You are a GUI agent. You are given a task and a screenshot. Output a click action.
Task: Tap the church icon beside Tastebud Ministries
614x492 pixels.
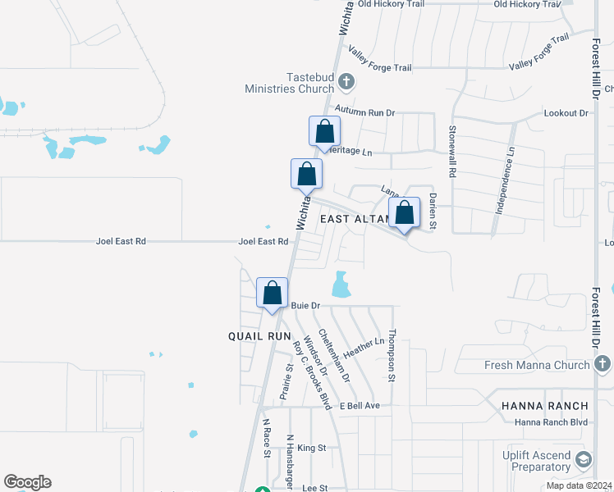pos(346,81)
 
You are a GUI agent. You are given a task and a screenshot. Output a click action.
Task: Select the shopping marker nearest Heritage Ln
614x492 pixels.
pos(324,132)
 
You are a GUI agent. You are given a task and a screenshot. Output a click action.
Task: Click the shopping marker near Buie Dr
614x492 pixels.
pos(273,294)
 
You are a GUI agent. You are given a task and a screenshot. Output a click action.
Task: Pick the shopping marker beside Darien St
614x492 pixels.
pos(404,213)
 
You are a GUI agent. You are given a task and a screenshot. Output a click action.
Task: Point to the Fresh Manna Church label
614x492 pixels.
pos(549,365)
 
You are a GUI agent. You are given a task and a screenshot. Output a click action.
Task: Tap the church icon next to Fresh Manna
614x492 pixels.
pos(602,363)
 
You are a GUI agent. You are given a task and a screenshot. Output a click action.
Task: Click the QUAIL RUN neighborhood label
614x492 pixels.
pos(259,336)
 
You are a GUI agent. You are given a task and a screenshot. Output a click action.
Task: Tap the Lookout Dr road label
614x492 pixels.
pos(567,113)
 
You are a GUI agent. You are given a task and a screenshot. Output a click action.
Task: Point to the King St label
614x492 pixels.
pos(312,448)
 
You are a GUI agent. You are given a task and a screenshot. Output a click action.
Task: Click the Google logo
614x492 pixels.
pos(27,482)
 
